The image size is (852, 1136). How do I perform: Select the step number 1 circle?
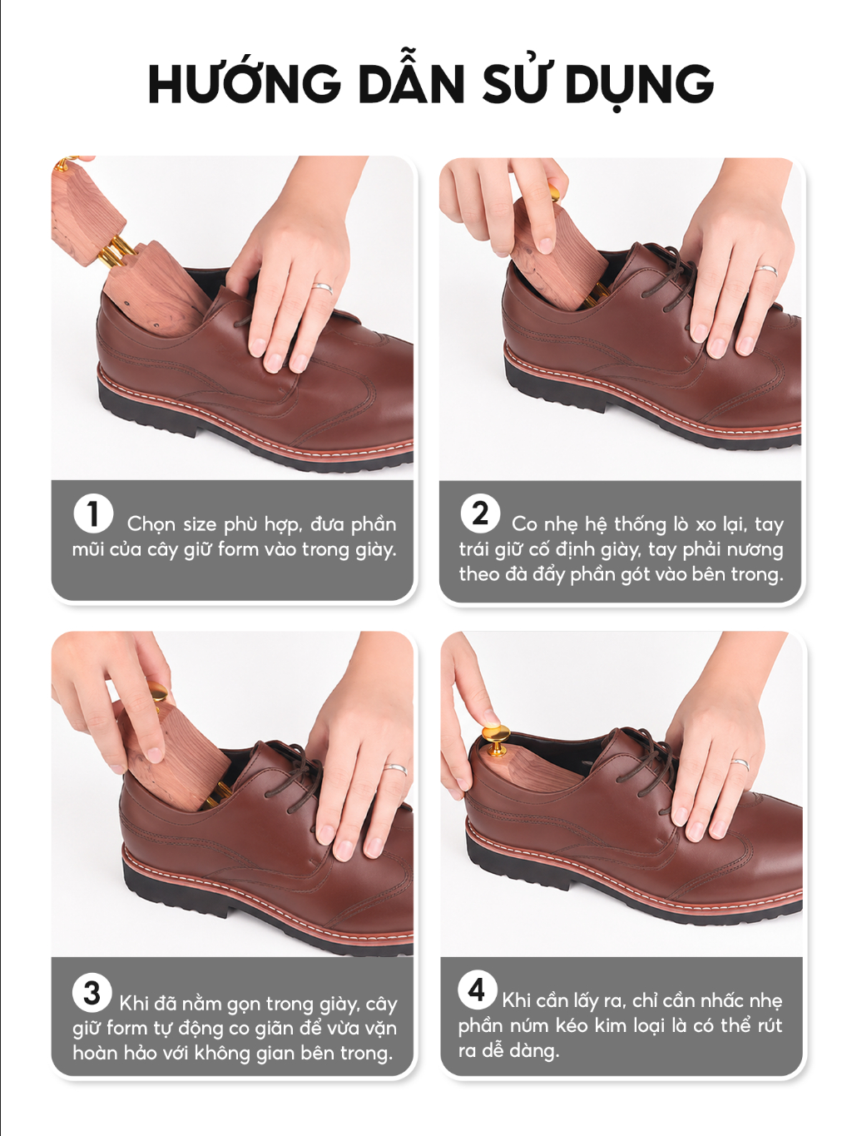pos(93,514)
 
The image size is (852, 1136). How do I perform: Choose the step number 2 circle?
pos(480,513)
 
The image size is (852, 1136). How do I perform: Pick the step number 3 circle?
pos(92,994)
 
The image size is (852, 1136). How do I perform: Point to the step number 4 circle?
pos(477,990)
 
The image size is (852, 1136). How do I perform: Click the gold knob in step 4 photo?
pos(496,738)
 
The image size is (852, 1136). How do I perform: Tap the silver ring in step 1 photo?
pos(322,288)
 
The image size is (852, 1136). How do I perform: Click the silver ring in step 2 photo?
pos(766,270)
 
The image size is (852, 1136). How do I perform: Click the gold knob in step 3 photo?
pos(159,692)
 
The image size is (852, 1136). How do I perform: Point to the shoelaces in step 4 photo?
pos(646,760)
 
